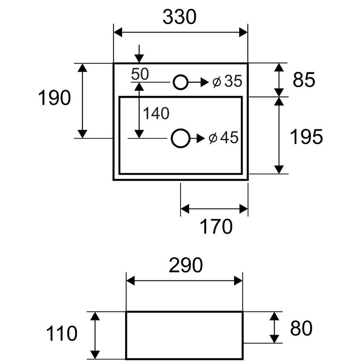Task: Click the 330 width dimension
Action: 179,17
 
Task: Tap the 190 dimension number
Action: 54,98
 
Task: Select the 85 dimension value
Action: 304,80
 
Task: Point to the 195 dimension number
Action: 306,137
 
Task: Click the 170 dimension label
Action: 216,226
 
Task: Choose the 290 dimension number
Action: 186,265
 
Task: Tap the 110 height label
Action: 62,333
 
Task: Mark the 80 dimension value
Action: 301,328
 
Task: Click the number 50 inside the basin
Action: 140,74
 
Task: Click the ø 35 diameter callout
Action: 227,81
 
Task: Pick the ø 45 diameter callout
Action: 223,138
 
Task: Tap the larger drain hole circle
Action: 180,129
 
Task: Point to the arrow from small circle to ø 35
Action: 199,82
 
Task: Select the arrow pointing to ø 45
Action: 198,139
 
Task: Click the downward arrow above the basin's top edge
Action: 139,54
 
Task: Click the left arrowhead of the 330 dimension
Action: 118,32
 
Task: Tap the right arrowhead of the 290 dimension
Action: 238,281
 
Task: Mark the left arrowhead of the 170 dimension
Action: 185,209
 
